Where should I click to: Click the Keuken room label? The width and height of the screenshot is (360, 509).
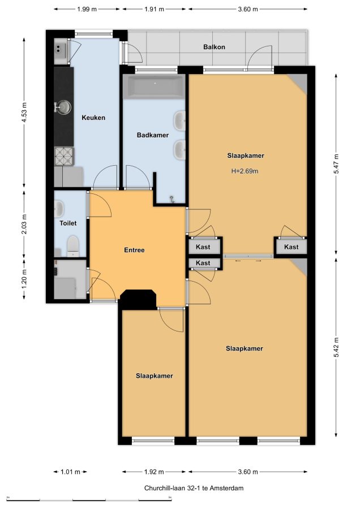(x=93, y=118)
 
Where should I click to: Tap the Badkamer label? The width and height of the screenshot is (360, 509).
(x=152, y=135)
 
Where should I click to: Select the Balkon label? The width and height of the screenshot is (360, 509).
(x=214, y=47)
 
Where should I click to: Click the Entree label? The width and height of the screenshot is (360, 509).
(x=134, y=250)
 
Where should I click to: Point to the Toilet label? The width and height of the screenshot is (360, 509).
(x=68, y=223)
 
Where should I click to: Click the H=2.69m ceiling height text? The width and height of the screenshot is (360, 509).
(x=245, y=171)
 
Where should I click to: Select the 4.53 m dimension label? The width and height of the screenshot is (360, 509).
(x=24, y=113)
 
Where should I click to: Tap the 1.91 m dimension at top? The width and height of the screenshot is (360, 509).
(x=154, y=9)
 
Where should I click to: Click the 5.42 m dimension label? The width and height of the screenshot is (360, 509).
(x=336, y=347)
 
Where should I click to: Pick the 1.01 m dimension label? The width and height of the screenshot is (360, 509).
(x=70, y=472)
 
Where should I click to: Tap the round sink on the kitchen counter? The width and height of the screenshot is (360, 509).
(x=64, y=106)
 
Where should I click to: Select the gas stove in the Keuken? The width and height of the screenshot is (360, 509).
(x=64, y=157)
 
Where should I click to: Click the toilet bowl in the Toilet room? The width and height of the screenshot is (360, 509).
(x=72, y=246)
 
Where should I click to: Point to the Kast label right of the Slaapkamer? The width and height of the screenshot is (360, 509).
(x=291, y=247)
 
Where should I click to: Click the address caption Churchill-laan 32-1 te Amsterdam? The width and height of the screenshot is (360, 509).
(x=194, y=488)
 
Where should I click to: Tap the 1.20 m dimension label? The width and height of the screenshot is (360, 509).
(x=24, y=279)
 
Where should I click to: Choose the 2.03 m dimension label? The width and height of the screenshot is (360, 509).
(x=24, y=224)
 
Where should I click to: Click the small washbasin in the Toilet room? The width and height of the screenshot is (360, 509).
(x=59, y=208)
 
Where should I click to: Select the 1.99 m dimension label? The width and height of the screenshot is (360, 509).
(x=87, y=9)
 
